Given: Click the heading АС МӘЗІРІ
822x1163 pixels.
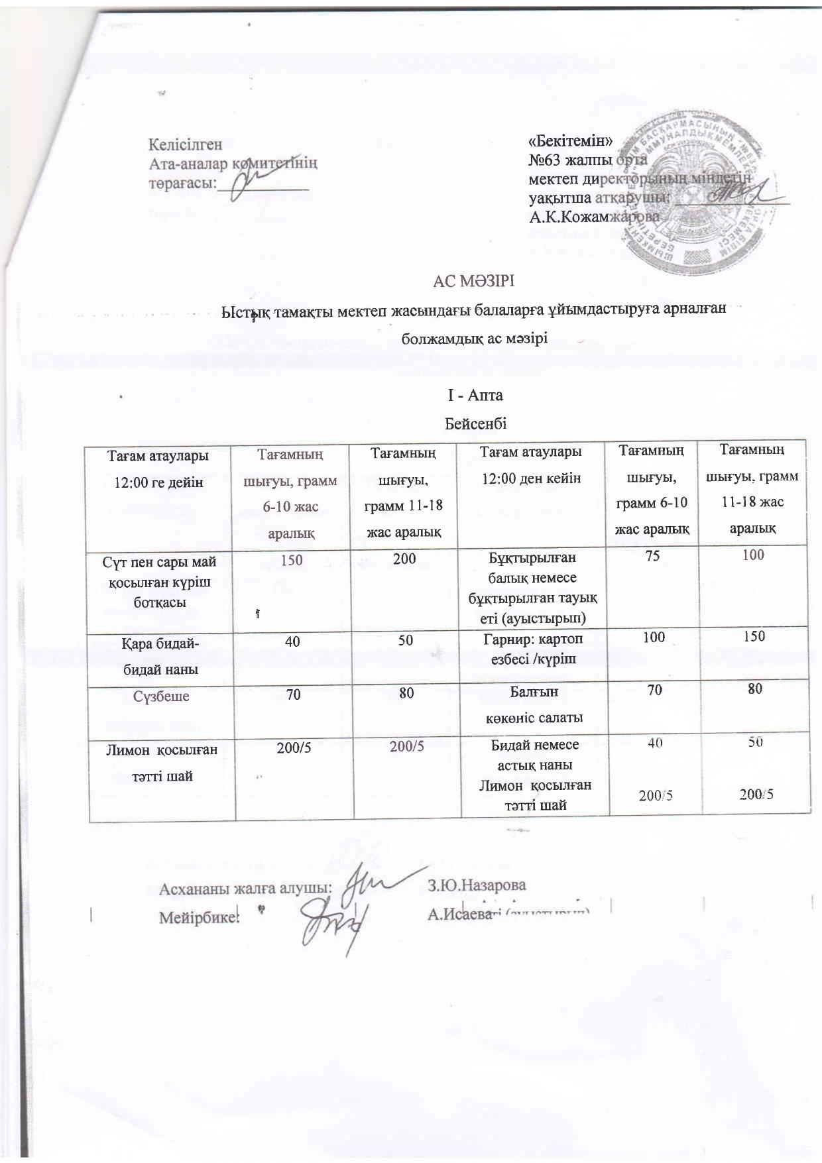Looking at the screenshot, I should pyautogui.click(x=473, y=282).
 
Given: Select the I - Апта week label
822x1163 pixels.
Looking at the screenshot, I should pyautogui.click(x=475, y=396).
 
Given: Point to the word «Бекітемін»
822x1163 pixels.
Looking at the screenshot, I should pyautogui.click(x=570, y=140).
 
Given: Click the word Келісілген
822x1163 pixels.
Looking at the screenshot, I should pyautogui.click(x=185, y=144).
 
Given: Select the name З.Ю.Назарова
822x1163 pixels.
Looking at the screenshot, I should pyautogui.click(x=477, y=885).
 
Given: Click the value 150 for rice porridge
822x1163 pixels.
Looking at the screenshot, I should pyautogui.click(x=292, y=560).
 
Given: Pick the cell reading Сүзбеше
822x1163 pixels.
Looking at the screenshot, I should pyautogui.click(x=162, y=696).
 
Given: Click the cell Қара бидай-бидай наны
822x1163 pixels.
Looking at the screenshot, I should pyautogui.click(x=162, y=655).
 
